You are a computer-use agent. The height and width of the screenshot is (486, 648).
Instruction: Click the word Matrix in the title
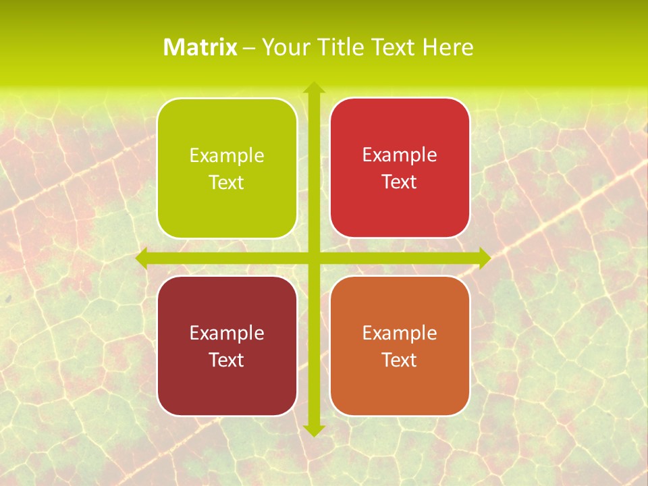point(200,47)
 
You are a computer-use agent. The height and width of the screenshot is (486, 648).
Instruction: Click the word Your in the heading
point(284,47)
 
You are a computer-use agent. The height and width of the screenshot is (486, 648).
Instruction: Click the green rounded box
point(227,202)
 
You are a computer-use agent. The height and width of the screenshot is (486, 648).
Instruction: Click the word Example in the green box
point(227,156)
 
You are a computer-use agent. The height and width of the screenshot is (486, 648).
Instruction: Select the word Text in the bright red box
point(400,182)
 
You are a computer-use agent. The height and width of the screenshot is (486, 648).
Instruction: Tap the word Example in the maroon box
point(227,333)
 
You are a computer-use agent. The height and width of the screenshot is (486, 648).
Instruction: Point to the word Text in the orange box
point(400,360)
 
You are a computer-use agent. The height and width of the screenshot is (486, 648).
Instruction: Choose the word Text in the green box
point(227,183)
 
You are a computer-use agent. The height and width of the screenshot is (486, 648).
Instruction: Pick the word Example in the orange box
point(400,333)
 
